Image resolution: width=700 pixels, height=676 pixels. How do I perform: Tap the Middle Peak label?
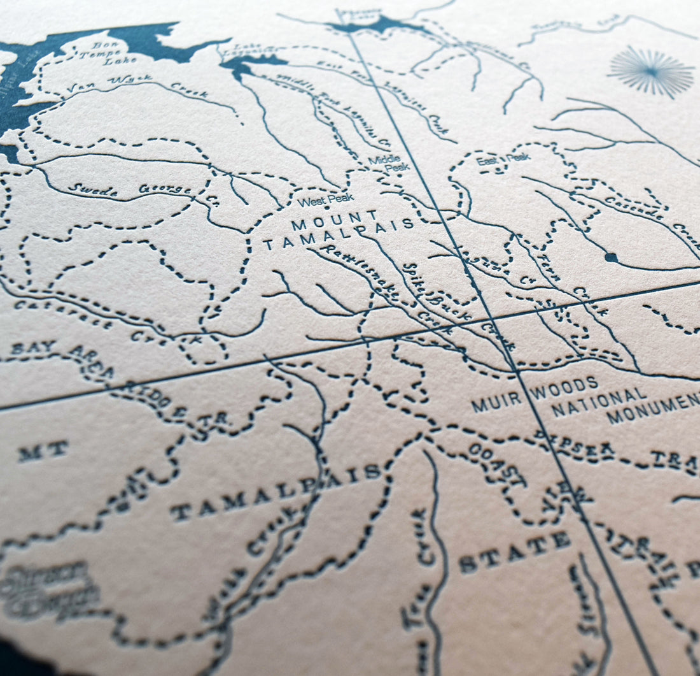[x=389, y=162]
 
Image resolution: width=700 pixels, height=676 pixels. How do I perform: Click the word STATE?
[x=515, y=552]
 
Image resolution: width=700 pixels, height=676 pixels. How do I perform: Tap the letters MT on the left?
[x=43, y=451]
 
